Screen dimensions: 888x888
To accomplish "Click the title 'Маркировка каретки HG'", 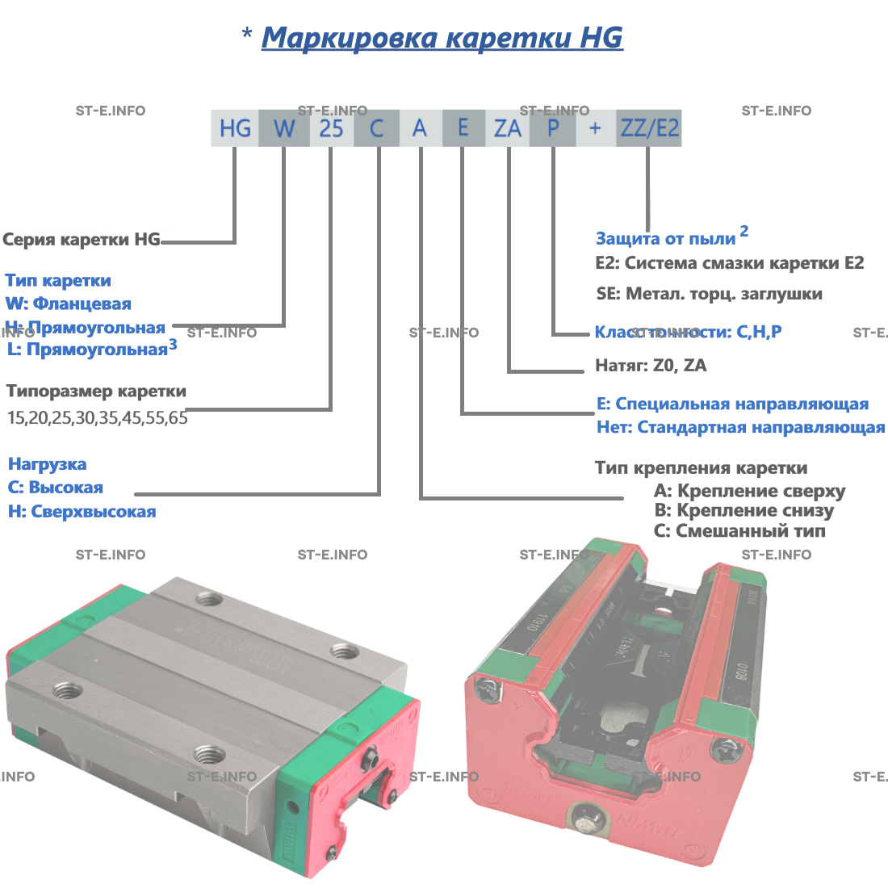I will [x=442, y=38].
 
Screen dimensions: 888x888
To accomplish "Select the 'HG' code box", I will [x=235, y=128].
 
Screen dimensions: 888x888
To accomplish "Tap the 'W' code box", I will [x=284, y=128].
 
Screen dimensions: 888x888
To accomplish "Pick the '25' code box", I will [x=331, y=128].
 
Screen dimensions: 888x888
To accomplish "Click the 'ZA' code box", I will [x=508, y=128].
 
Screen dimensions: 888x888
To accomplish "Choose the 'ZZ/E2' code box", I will [x=649, y=128].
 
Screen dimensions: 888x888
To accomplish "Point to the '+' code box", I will [x=596, y=128].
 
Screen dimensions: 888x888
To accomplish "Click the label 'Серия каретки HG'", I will [x=82, y=240].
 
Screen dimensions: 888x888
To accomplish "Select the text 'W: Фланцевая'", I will [x=68, y=304].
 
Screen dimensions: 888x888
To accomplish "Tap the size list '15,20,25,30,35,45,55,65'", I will [x=97, y=418].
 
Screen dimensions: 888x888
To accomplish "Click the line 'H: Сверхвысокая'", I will [x=82, y=512].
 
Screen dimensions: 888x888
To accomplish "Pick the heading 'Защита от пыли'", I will [x=665, y=239].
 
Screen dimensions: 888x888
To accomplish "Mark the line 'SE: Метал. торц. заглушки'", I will [x=709, y=294].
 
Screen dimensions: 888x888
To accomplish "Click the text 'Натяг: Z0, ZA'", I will [x=651, y=366].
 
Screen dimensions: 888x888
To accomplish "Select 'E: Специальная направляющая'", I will [x=732, y=404].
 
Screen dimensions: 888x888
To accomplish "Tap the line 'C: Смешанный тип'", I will [x=739, y=531].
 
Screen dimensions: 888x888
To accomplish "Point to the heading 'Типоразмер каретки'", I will [x=96, y=392].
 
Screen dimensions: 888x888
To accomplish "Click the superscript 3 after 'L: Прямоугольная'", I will [x=173, y=345].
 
